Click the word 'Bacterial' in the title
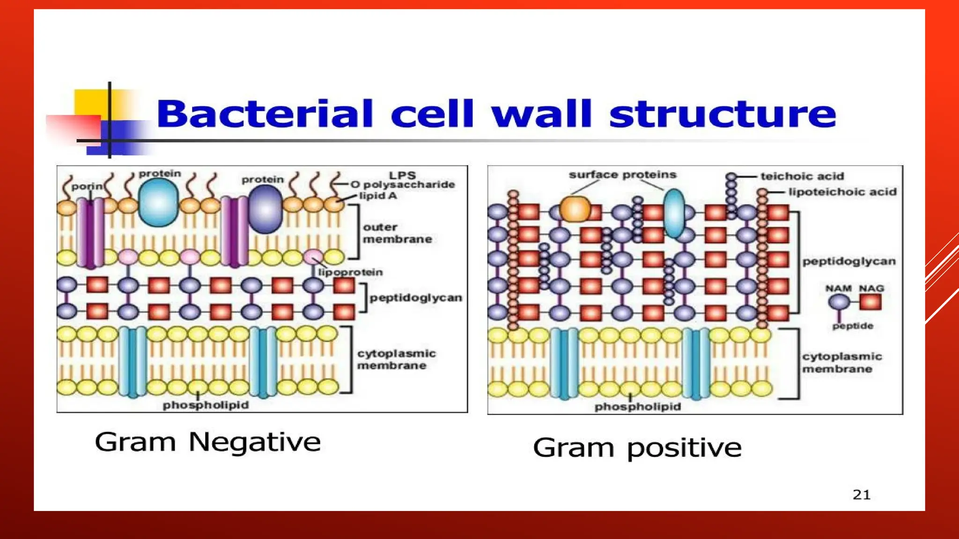click(x=265, y=114)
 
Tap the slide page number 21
click(x=862, y=495)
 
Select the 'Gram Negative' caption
click(x=207, y=442)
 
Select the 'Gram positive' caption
click(x=637, y=448)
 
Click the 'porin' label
click(x=86, y=186)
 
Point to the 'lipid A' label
click(x=378, y=196)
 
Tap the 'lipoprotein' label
click(x=350, y=272)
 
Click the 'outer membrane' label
click(x=397, y=233)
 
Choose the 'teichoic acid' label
click(x=802, y=176)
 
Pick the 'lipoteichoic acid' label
click(x=842, y=192)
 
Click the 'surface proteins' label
click(x=622, y=175)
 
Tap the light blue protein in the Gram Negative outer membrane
click(x=159, y=202)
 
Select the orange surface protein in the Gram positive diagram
click(x=575, y=209)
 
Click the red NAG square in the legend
click(x=870, y=303)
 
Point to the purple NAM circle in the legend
click(x=839, y=303)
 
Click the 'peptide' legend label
click(x=853, y=326)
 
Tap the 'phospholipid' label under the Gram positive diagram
click(x=637, y=407)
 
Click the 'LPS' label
click(x=402, y=175)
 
